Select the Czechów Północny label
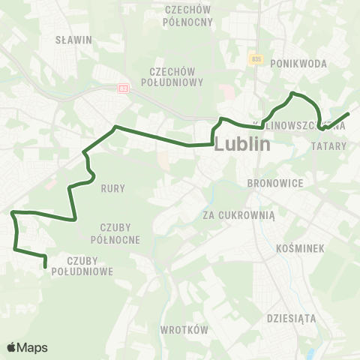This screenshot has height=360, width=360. (x=187, y=16)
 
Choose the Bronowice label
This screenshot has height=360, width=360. (x=274, y=182)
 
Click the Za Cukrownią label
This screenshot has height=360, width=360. (x=240, y=214)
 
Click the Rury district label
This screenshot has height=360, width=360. (x=113, y=188)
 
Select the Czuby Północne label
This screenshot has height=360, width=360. (x=120, y=232)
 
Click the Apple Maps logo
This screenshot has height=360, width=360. (x=27, y=347)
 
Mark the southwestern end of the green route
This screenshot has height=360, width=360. (x=46, y=265)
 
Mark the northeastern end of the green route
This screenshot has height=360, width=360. (x=349, y=114)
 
